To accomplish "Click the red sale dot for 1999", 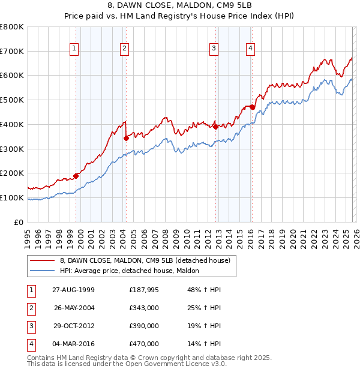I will pyautogui.click(x=76, y=176).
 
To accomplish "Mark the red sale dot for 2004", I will pyautogui.click(x=126, y=138).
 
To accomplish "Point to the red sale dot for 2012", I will pyautogui.click(x=215, y=127).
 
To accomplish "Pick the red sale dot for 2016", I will pyautogui.click(x=253, y=107).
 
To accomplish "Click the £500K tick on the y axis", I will pyautogui.click(x=12, y=100).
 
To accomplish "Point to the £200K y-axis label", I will pyautogui.click(x=12, y=173).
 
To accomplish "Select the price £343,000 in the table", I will pyautogui.click(x=144, y=308).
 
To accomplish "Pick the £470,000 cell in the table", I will pyautogui.click(x=144, y=344).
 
